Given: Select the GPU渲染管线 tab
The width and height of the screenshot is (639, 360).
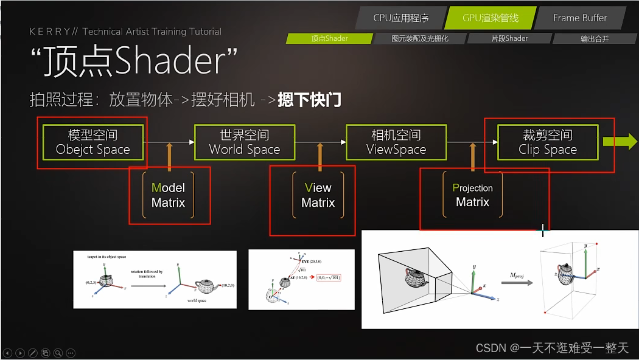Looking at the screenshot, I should click(491, 18).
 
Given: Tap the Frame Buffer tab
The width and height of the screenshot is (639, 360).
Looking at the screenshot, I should click(579, 18).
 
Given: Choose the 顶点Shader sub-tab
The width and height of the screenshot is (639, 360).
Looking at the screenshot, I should click(329, 38).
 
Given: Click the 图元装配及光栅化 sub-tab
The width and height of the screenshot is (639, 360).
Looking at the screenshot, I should click(420, 38).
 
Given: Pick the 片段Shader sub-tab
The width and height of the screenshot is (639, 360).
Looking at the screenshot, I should click(509, 38).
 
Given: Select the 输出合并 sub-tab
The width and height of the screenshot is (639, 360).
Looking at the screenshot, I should click(595, 38).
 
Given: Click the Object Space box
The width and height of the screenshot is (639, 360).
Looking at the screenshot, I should click(93, 142).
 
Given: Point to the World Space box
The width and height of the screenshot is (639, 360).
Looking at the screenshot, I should click(245, 142).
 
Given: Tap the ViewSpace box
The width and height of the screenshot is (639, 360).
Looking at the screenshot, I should click(396, 142).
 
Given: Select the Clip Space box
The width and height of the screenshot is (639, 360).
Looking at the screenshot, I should click(548, 142).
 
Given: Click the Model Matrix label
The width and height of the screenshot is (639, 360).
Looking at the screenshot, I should click(168, 195).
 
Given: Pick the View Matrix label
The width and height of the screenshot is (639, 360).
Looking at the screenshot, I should click(318, 195).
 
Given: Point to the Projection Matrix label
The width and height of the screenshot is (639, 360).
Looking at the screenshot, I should click(473, 195).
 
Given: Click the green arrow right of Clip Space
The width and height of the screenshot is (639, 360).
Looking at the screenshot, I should click(620, 142).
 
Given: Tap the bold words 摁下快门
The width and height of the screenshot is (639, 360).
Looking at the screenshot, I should click(309, 100).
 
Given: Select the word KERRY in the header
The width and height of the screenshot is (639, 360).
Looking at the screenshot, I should click(51, 32).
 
